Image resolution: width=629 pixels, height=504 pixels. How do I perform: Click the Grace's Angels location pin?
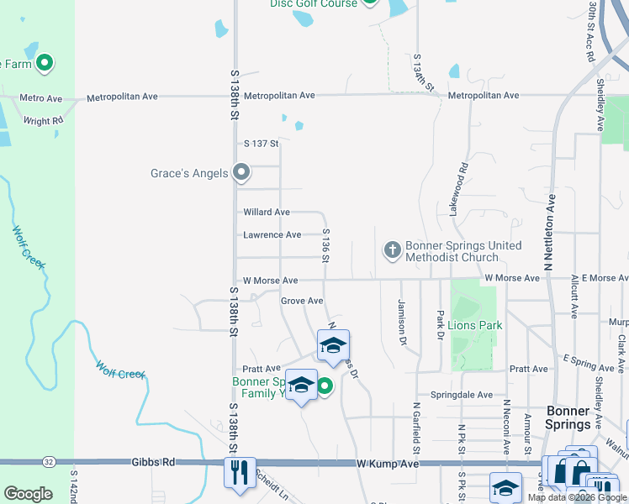pos(241,173)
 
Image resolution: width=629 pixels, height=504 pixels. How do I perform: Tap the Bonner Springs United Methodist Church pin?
pos(392,250)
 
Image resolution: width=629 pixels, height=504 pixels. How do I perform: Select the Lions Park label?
pos(475,324)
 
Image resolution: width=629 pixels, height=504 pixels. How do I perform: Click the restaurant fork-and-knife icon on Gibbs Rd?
pos(239,471)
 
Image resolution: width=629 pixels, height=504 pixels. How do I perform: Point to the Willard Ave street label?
pos(267,213)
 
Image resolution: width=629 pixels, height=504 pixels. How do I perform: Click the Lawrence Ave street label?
pos(272,235)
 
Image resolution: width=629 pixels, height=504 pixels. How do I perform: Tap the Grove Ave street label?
pos(302,300)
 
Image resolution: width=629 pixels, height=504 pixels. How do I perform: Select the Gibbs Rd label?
pos(153,462)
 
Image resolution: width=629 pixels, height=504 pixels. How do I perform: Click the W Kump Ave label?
pos(387,464)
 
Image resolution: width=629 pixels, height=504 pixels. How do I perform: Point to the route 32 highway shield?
pos(48,461)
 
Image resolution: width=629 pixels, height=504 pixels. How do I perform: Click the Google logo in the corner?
pos(28,494)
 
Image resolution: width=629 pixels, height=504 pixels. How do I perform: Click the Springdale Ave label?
pos(461,394)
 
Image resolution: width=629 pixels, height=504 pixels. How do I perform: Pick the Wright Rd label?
pos(43,121)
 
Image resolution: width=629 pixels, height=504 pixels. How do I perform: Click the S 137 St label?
pos(261,144)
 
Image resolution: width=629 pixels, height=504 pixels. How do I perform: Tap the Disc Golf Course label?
pos(313,3)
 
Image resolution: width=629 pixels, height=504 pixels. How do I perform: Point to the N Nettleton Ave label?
pos(550,233)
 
